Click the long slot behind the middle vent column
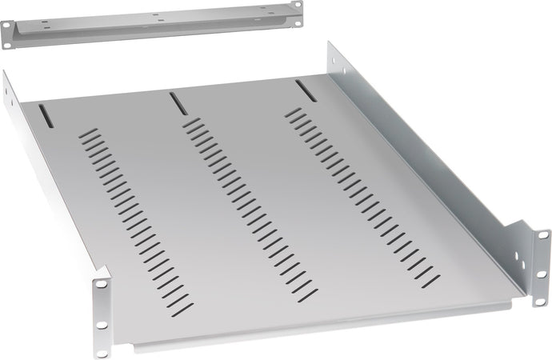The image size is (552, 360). point(174,100)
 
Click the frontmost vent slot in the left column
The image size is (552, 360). point(183,307)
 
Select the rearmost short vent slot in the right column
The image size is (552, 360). point(295,110)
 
